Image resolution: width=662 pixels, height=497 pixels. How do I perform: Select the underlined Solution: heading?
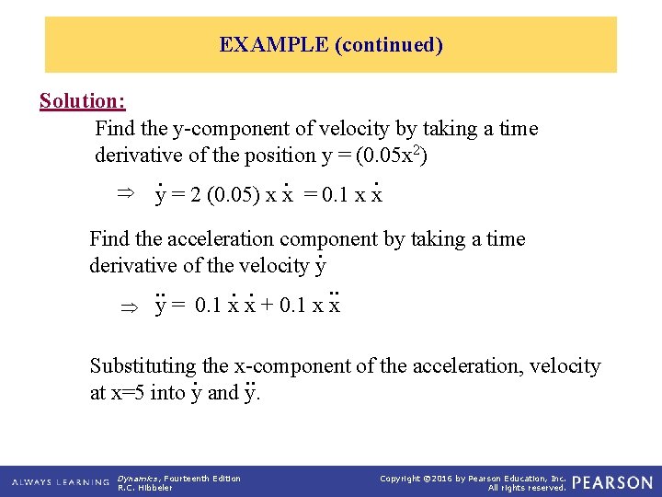[83, 100]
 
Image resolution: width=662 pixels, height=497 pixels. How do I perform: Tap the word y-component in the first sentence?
[207, 129]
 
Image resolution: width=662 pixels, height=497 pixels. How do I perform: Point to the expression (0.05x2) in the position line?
[391, 156]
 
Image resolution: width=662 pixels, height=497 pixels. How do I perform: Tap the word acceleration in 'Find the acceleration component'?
[216, 239]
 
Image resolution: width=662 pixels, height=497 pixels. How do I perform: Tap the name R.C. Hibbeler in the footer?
[145, 488]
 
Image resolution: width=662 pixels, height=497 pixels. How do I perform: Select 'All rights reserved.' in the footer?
[527, 488]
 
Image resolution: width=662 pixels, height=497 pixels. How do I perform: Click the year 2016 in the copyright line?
[449, 478]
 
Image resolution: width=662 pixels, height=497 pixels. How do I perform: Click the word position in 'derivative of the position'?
[280, 156]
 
